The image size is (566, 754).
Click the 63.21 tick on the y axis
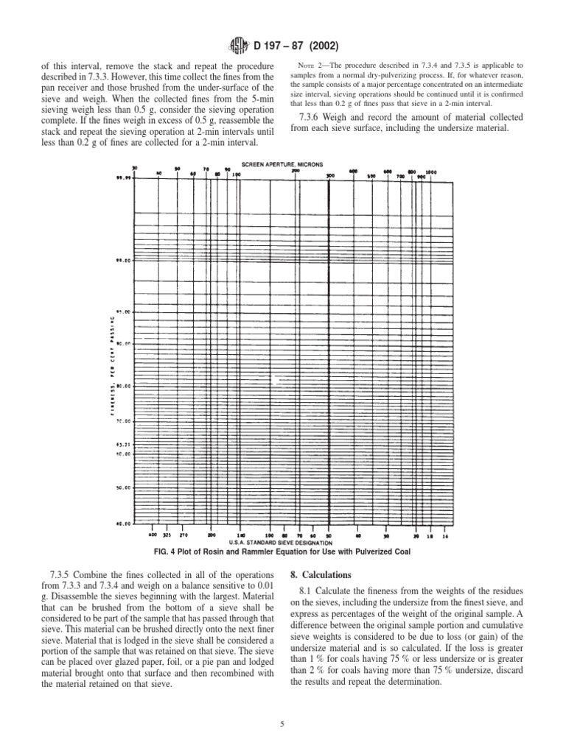click(x=124, y=445)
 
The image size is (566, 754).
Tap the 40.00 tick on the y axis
click(x=124, y=524)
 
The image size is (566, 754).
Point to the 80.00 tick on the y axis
click(x=124, y=385)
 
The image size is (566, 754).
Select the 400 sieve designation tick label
click(x=153, y=535)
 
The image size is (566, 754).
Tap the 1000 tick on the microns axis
click(x=431, y=172)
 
